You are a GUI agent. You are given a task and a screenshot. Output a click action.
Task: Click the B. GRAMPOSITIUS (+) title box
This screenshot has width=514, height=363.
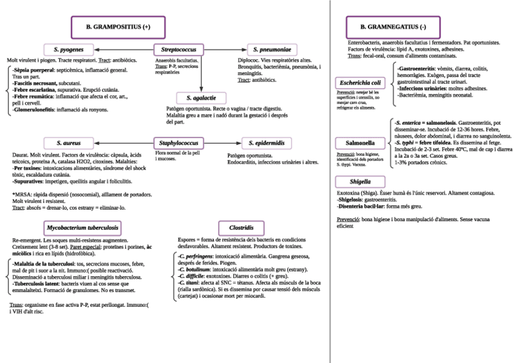click(x=118, y=27)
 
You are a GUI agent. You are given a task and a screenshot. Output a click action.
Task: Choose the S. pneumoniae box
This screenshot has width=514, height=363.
click(x=272, y=48)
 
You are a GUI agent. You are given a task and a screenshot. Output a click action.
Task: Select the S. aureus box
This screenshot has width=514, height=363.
click(x=68, y=143)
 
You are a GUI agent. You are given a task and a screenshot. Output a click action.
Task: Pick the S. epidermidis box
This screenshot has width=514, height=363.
click(x=267, y=143)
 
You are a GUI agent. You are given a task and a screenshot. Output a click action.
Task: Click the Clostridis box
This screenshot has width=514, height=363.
click(x=241, y=228)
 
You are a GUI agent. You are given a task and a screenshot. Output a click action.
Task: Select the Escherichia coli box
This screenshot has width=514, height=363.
click(x=360, y=82)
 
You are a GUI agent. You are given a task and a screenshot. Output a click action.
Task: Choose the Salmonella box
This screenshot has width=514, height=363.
click(x=359, y=144)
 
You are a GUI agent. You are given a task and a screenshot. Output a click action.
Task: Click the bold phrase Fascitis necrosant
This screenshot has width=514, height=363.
click(x=36, y=83)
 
